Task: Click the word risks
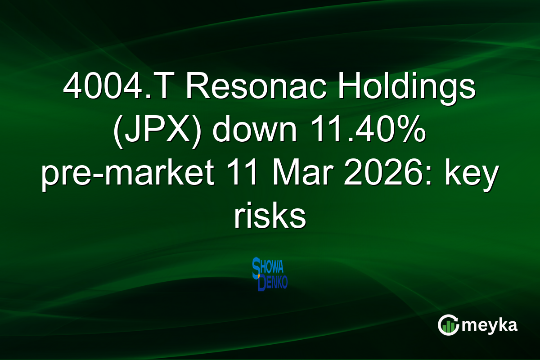(270, 219)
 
